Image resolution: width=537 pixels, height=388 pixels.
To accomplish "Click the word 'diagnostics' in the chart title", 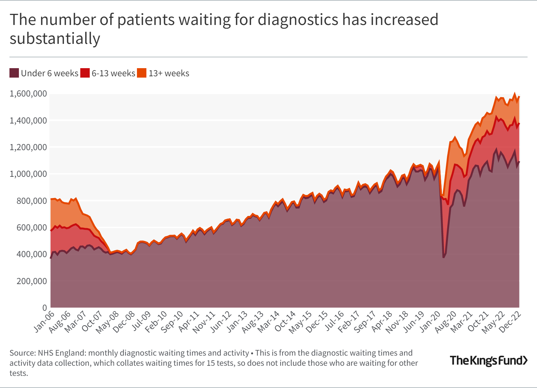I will tap(298, 20).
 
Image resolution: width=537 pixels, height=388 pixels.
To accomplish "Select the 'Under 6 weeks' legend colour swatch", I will tap(14, 73).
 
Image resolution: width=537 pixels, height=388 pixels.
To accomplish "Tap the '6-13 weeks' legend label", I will tap(113, 73).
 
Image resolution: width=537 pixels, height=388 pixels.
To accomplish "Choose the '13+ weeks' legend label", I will tap(169, 73).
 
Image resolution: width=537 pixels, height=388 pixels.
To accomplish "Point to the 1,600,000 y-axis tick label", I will tap(28, 94).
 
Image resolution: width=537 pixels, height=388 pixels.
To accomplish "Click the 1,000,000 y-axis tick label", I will tap(28, 174).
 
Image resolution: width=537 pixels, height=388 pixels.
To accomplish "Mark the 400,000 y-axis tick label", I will tap(32, 254).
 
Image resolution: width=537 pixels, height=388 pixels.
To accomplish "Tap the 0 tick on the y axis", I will tap(45, 308).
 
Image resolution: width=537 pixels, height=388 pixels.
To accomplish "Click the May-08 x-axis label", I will tap(108, 322).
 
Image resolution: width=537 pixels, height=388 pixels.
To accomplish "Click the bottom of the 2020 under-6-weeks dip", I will tap(443, 258).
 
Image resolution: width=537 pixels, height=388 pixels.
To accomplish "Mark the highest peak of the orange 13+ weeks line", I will tap(515, 93).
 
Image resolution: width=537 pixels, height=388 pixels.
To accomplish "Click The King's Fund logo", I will tap(489, 360).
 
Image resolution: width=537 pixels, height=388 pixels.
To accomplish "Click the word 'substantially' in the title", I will tap(55, 38).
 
